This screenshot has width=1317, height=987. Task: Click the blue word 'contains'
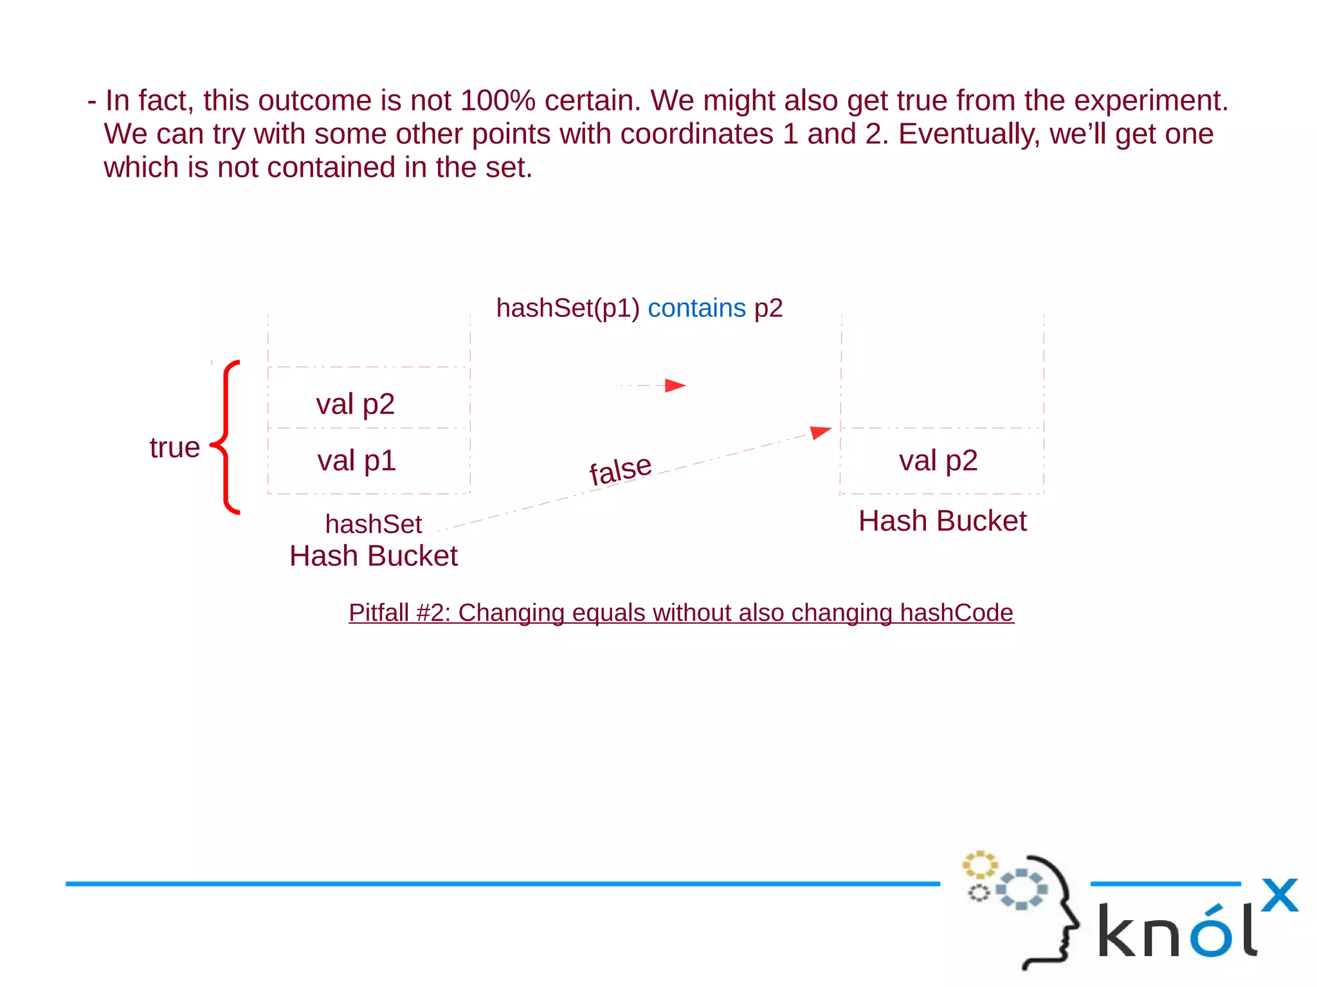[696, 309]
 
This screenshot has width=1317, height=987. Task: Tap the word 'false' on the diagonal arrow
[621, 469]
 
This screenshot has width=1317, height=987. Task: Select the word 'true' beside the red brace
[174, 448]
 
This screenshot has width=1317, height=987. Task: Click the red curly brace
[226, 438]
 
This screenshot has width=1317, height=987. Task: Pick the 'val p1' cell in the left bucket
[356, 461]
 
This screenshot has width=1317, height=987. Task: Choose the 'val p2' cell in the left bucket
[355, 404]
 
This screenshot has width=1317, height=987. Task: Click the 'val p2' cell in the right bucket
[938, 461]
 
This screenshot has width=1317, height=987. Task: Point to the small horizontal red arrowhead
[675, 385]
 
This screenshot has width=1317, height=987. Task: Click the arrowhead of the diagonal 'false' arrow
[820, 431]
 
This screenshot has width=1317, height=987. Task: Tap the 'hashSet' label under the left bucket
[373, 525]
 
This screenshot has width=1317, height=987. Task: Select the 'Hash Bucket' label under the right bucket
[942, 521]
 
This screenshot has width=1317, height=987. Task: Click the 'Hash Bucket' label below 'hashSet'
[373, 556]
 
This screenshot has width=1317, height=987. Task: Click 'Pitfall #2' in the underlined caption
[399, 613]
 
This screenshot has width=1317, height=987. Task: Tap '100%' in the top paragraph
[498, 101]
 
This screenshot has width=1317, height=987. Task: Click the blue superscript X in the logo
[1279, 895]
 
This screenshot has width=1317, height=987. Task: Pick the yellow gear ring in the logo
[979, 865]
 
